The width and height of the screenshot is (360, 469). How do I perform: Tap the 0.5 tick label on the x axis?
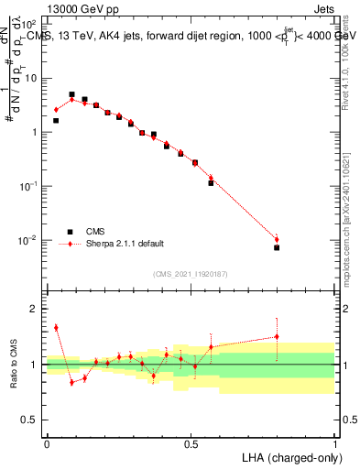coord(191,443)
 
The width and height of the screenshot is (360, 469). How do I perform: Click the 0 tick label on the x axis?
coord(47,443)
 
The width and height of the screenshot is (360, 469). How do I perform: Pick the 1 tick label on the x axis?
coord(335,443)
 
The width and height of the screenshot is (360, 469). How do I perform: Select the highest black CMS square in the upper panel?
coord(71,94)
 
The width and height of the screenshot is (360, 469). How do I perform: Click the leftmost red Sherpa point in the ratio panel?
coord(56,327)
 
